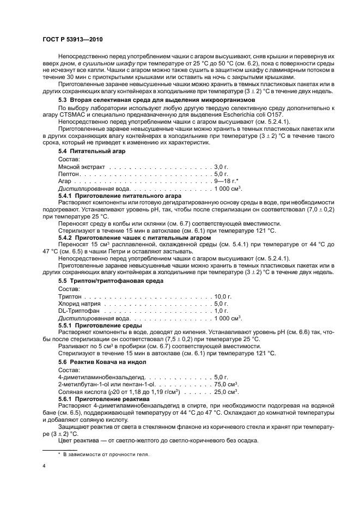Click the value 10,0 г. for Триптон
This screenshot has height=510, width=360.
[x=223, y=296]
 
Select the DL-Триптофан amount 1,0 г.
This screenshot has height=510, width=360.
[x=221, y=311]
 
